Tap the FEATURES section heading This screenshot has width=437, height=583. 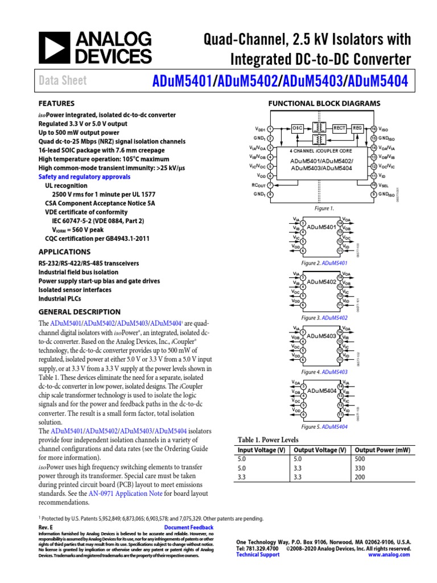coord(56,104)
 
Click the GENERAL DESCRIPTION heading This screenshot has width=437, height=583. coord(79,311)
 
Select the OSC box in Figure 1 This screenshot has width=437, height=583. coord(298,128)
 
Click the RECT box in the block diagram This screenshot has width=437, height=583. coord(340,128)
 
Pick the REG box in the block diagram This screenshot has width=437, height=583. coord(358,128)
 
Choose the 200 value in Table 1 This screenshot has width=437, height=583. coord(360,477)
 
